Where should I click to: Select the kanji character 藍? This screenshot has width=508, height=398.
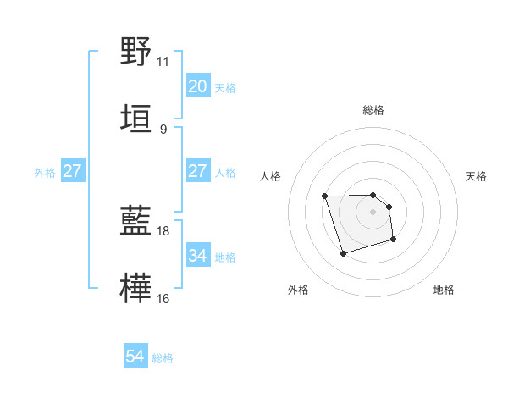point(135,221)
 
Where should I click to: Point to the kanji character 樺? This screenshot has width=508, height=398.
point(135,288)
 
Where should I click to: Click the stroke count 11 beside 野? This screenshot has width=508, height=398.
point(163,62)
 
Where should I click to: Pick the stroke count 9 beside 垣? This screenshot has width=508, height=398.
point(163,129)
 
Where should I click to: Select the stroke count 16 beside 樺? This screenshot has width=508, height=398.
point(163,298)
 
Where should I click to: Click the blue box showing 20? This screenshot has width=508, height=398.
point(197,86)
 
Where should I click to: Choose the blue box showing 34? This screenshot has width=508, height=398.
point(197,256)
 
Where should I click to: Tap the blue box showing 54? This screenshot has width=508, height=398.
point(135,357)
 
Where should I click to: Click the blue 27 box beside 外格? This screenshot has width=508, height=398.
point(72,171)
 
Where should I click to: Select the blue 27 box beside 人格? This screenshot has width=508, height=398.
point(197,171)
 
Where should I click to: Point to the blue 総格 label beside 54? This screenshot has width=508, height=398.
point(163,358)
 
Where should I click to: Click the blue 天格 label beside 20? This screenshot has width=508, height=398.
point(225,87)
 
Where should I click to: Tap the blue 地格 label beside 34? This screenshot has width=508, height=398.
point(225,257)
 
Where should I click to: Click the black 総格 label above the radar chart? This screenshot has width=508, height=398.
point(373,110)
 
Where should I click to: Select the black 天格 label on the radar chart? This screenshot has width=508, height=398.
point(477,176)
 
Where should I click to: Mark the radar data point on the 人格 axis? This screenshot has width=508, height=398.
point(325,196)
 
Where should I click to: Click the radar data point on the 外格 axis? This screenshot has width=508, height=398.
point(343,253)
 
